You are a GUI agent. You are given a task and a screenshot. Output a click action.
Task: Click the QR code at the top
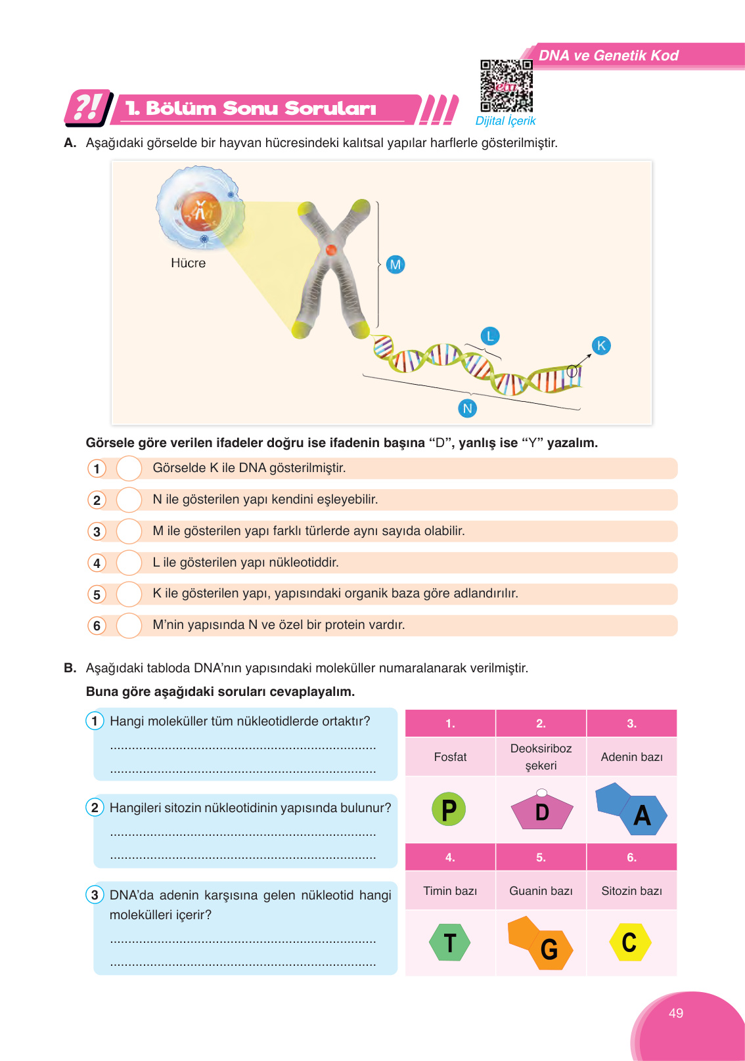pyautogui.click(x=506, y=86)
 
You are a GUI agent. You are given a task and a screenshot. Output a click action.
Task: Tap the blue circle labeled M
pyautogui.click(x=395, y=265)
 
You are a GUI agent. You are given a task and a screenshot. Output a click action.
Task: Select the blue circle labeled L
pyautogui.click(x=489, y=336)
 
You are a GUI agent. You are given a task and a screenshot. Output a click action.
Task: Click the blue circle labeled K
pyautogui.click(x=601, y=345)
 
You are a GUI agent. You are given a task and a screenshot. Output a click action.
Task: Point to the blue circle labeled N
pyautogui.click(x=467, y=408)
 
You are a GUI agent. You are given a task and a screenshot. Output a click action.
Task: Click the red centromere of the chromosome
pyautogui.click(x=331, y=249)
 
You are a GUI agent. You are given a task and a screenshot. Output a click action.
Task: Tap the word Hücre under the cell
pyautogui.click(x=188, y=263)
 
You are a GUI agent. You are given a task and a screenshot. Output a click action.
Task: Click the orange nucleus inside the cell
pyautogui.click(x=200, y=211)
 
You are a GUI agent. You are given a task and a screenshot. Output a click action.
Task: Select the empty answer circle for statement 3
pyautogui.click(x=129, y=531)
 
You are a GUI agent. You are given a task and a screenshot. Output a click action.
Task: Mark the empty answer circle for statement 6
pyautogui.click(x=129, y=626)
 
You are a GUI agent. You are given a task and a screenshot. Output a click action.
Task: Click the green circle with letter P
pyautogui.click(x=449, y=810)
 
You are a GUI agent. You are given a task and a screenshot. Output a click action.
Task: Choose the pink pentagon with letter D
pyautogui.click(x=541, y=812)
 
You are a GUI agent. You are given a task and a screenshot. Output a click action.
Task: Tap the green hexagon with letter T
pyautogui.click(x=449, y=943)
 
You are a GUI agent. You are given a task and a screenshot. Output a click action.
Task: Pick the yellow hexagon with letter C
pyautogui.click(x=629, y=942)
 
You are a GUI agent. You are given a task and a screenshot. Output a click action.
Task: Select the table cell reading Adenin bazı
pyautogui.click(x=631, y=757)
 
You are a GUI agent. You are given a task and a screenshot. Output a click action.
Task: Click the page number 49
pyautogui.click(x=675, y=1013)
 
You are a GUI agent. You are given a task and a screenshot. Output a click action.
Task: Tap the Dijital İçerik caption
pyautogui.click(x=505, y=121)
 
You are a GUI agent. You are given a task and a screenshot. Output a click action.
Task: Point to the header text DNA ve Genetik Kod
pyautogui.click(x=608, y=56)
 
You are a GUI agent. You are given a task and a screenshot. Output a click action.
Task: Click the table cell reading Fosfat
pyautogui.click(x=450, y=757)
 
